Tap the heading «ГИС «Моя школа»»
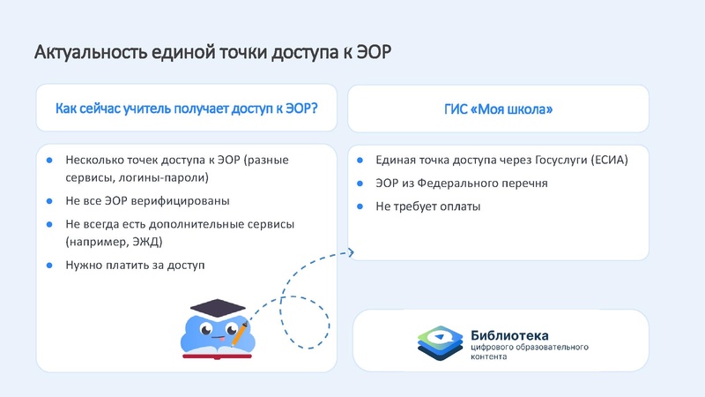(x=499, y=109)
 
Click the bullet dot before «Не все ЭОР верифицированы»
(x=50, y=200)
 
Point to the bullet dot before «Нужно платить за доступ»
(x=50, y=264)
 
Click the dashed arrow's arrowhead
(x=350, y=253)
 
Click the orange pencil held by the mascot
(x=239, y=333)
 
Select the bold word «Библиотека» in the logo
(x=509, y=335)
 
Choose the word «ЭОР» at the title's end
(x=371, y=52)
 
